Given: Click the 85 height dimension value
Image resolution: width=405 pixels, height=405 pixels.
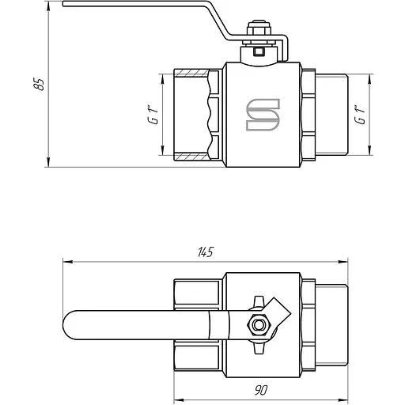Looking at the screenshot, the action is click(x=40, y=84).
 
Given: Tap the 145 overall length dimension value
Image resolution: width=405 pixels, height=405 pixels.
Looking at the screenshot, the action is click(x=205, y=252).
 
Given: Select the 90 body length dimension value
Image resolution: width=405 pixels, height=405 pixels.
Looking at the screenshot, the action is click(x=261, y=390).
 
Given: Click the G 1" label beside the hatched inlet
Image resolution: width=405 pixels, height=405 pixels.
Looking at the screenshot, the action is click(x=153, y=115).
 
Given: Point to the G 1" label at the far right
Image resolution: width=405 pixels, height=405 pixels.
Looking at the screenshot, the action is click(x=360, y=115).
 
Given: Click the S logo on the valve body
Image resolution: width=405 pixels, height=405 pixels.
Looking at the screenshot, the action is click(x=263, y=115).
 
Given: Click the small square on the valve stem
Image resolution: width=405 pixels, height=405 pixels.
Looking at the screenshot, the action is click(x=259, y=51).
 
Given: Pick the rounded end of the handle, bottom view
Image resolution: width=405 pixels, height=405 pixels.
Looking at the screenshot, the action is click(x=69, y=325).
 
